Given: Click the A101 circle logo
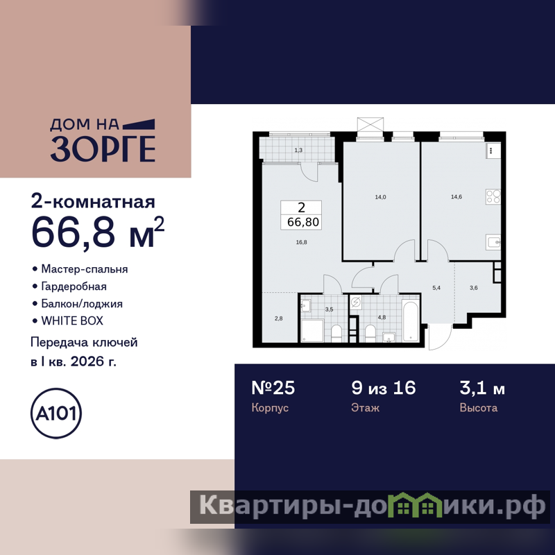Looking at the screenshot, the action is (56, 413).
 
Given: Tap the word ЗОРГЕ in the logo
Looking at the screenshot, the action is (103, 148).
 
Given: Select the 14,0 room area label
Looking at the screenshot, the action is (380, 197).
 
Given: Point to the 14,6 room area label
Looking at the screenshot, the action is (456, 197).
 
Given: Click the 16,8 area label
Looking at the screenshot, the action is (301, 242).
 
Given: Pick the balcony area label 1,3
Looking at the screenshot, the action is (298, 150).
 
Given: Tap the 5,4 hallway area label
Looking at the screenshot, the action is (436, 288).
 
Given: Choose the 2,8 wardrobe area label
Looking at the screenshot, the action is (279, 318).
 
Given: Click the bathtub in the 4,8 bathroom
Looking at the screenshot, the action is (411, 321).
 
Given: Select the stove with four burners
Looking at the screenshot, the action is (493, 196).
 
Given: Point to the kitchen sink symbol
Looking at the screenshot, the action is (493, 242).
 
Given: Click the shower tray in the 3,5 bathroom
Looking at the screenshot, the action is (312, 331).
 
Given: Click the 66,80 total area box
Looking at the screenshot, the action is (301, 215).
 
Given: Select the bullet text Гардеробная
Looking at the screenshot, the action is (74, 286).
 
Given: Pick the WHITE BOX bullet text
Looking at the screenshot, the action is (72, 321).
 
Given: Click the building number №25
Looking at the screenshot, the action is (273, 388).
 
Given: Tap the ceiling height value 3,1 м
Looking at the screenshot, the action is (482, 388).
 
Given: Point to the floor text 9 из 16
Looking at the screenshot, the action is (384, 388).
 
